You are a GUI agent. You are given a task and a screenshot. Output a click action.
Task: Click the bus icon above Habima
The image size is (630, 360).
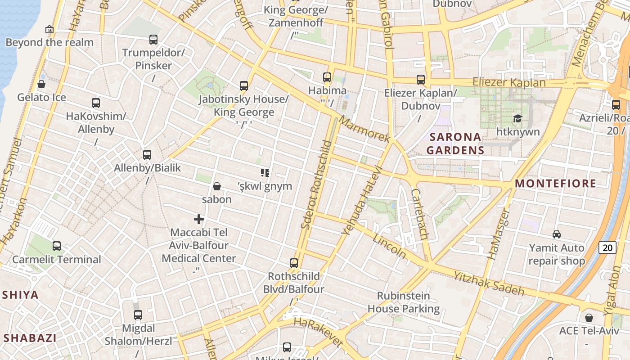point(327,77)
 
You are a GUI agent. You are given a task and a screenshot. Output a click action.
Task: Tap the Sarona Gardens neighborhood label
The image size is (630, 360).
point(455,143)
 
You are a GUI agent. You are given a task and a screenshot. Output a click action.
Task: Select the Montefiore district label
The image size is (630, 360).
point(555,183)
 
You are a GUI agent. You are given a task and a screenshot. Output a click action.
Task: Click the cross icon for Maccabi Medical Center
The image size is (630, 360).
point(199,219)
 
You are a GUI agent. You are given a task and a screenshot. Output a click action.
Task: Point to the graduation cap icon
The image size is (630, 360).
point(517,118)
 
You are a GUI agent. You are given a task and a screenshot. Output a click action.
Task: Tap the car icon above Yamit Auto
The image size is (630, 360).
point(557,234)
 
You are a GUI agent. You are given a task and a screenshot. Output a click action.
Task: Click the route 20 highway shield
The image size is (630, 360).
point(607,247)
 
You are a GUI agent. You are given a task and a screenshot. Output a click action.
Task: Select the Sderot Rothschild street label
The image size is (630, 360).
point(316,184)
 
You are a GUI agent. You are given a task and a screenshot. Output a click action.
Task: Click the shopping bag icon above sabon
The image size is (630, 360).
point(217,186)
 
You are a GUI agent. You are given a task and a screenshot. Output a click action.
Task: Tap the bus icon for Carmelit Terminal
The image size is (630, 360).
point(57,246)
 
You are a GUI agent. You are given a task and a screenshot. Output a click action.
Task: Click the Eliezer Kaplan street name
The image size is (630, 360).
point(508,82)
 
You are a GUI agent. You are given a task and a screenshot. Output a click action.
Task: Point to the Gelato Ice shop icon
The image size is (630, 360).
point(41,84)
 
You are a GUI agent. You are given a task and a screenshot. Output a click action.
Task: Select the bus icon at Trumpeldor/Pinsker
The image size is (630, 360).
point(153,40)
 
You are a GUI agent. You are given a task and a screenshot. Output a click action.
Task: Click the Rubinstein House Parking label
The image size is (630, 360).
point(404,302)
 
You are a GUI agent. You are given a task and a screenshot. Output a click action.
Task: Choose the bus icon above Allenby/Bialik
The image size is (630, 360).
point(147,155)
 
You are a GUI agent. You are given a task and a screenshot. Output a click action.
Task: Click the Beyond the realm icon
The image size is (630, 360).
point(49,30)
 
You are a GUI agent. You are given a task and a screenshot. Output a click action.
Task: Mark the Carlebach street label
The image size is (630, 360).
point(419,214)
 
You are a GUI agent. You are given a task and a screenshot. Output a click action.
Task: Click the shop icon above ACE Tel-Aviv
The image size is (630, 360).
point(589,318)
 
